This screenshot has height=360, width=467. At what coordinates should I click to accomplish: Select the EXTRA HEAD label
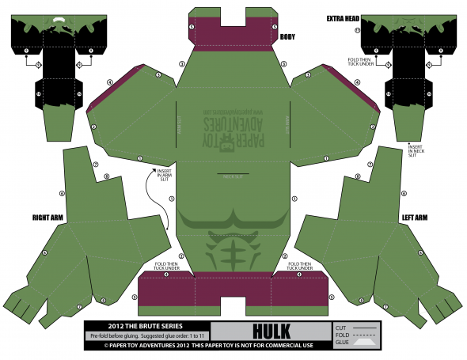344,17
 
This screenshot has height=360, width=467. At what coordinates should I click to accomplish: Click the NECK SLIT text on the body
232,176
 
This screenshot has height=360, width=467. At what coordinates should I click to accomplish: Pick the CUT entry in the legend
342,327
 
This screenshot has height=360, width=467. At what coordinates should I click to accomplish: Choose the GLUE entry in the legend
342,343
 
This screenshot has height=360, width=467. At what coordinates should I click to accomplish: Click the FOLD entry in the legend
342,335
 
